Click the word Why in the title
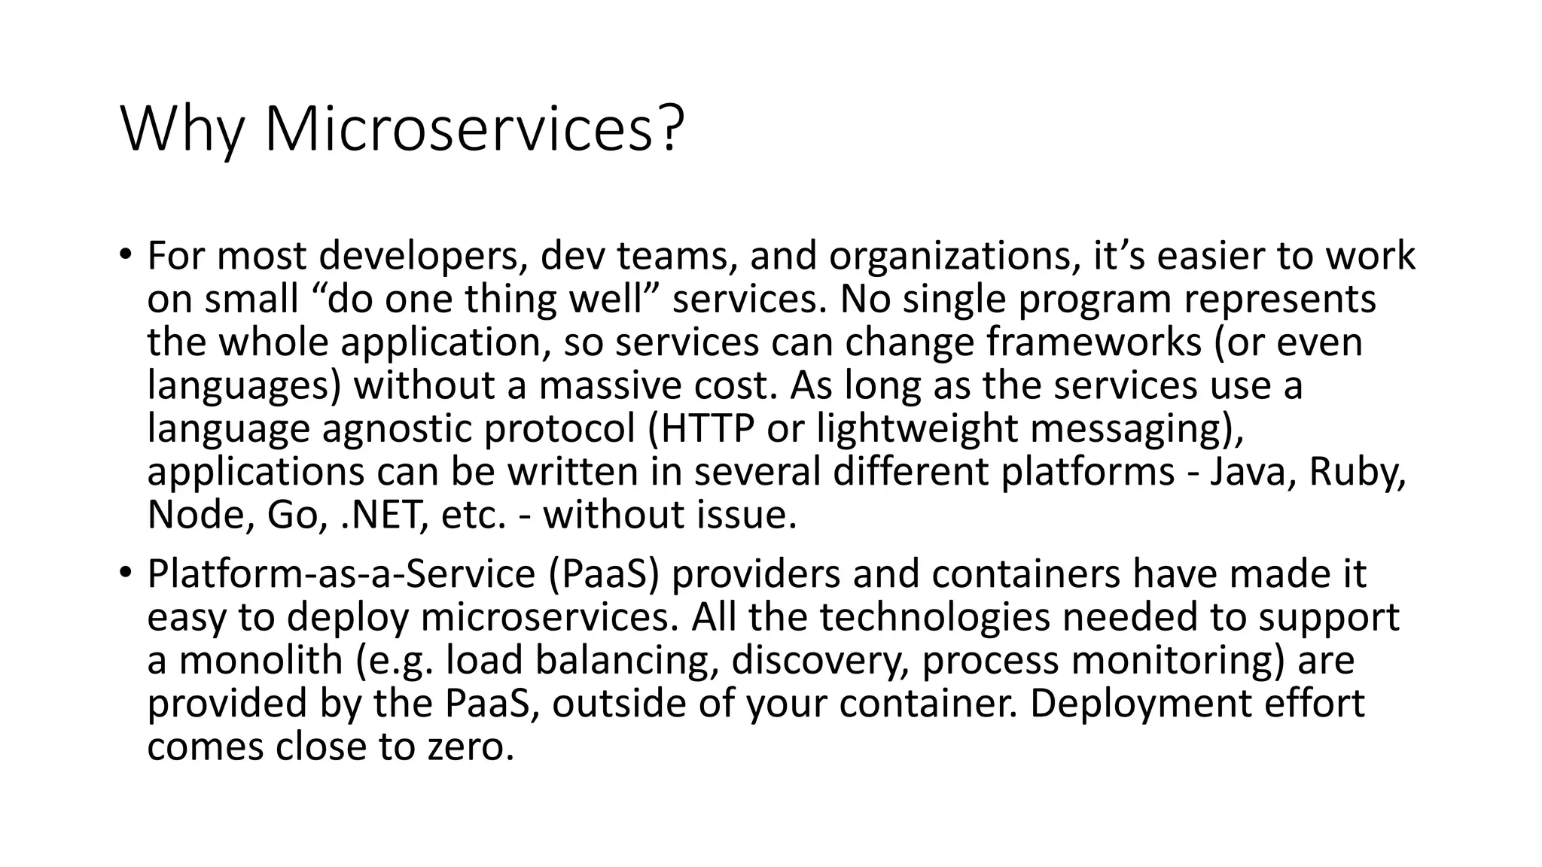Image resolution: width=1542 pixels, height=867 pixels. tap(181, 129)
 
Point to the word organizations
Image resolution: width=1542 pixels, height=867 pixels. tap(949, 257)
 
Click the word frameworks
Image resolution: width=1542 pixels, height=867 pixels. tap(1093, 342)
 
